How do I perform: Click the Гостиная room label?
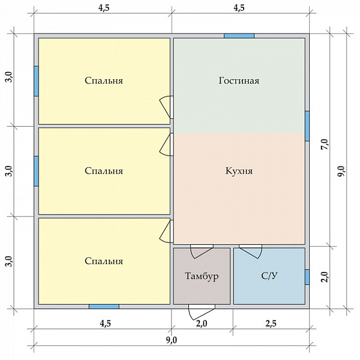coord(239,80)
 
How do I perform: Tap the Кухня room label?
coord(239,171)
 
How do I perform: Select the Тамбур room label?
coord(202,276)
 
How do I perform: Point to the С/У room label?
coord(269,276)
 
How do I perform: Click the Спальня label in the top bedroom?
coord(104,80)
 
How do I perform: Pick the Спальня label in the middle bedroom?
coord(104,171)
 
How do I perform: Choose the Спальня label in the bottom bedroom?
coord(104,261)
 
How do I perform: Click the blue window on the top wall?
coord(239,36)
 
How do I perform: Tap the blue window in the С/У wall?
coord(307,277)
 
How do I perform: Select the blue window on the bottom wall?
coord(104,307)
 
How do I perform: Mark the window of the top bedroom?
coord(36,81)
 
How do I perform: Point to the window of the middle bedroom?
coord(36,171)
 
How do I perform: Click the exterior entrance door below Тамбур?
coord(202,312)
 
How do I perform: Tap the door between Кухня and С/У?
coord(251,251)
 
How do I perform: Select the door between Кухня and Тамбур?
coord(202,251)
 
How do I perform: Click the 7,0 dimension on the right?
coord(325,145)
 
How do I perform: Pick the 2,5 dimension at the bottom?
coord(271,323)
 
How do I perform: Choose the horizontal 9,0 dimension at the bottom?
coord(172,340)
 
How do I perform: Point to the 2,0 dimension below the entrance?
coord(202,323)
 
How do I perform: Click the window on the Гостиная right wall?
coord(307,126)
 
